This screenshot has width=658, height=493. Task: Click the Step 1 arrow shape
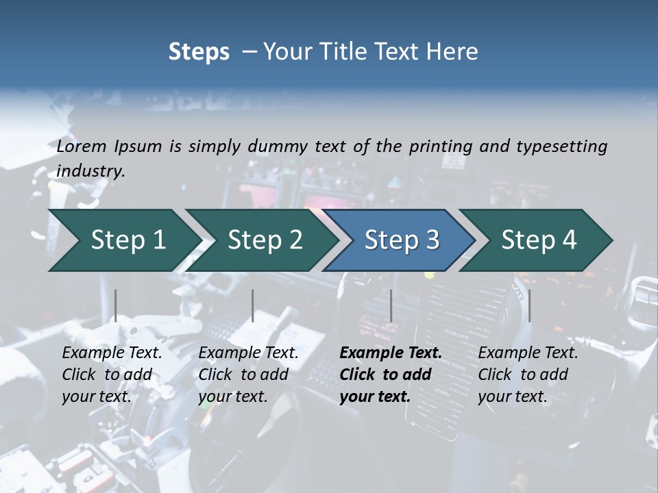coord(123,240)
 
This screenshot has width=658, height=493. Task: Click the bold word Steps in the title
coord(199,52)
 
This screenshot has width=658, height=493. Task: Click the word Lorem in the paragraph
coord(82,146)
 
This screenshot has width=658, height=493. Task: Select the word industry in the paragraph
coord(90,171)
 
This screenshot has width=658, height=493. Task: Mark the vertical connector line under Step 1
coord(116,305)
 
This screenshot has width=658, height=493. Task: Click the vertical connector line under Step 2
coord(253,305)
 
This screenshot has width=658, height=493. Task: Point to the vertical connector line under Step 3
coord(391,305)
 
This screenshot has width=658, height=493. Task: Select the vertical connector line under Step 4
coord(529,305)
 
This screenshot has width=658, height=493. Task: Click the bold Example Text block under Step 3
coord(389,375)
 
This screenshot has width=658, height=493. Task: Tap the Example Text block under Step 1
coord(111,375)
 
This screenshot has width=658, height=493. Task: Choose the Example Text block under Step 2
coord(247,375)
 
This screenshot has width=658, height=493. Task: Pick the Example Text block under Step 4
coord(527,375)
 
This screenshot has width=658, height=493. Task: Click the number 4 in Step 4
coord(568,240)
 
